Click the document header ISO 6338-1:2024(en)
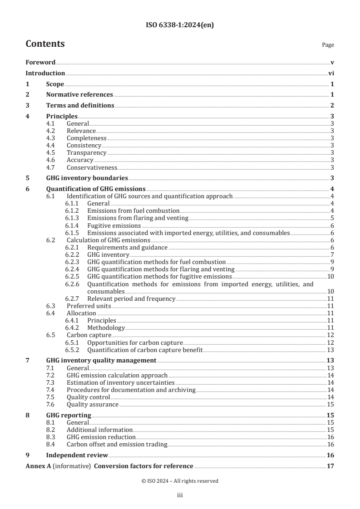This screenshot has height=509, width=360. [x=180, y=25]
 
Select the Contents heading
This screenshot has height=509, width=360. [x=45, y=44]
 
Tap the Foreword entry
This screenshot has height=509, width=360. [x=40, y=63]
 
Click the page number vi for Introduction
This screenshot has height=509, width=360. [x=331, y=73]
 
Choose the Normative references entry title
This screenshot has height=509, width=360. [x=79, y=95]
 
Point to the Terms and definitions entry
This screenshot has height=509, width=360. [x=80, y=106]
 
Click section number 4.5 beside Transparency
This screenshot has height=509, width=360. [x=52, y=153]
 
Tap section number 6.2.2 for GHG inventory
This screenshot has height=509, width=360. [x=73, y=254]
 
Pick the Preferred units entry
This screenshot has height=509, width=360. [x=89, y=306]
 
